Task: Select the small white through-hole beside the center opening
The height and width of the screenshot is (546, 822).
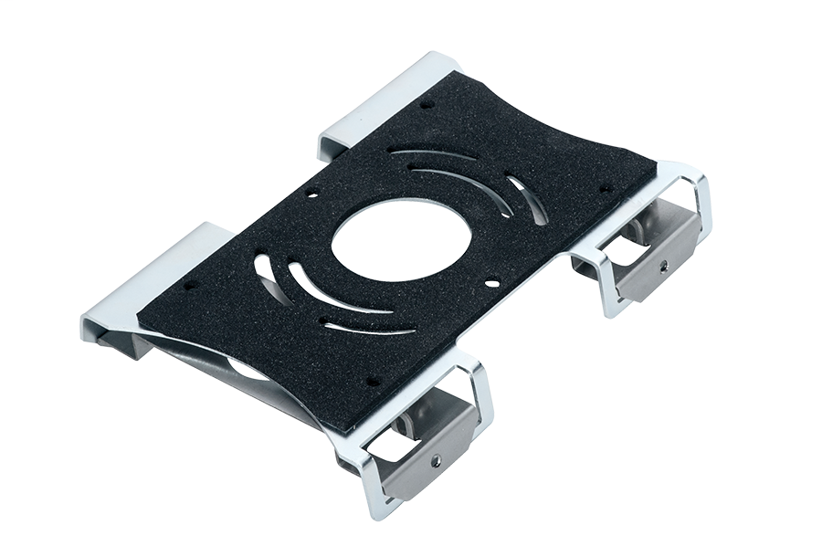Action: (493, 284)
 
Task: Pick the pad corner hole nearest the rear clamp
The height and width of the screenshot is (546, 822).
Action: (605, 188)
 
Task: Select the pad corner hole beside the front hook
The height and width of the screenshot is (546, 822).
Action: (189, 285)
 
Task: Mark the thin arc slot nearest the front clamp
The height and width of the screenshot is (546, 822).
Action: (365, 328)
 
